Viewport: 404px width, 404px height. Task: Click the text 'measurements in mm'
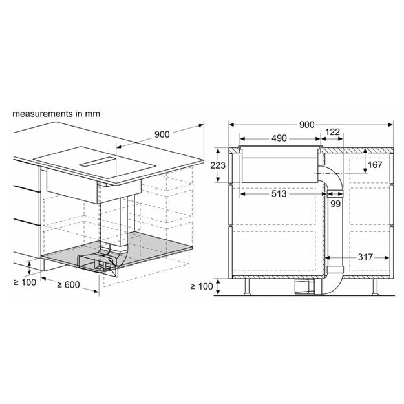(x=56, y=113)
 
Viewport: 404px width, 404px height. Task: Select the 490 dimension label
(x=279, y=139)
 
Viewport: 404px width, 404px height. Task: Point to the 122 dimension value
(x=332, y=133)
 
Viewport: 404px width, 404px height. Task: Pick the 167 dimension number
(x=375, y=164)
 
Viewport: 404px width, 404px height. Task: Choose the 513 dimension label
(x=279, y=193)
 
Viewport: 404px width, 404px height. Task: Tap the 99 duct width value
(x=334, y=204)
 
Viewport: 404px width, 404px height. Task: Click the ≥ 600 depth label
(x=72, y=284)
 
